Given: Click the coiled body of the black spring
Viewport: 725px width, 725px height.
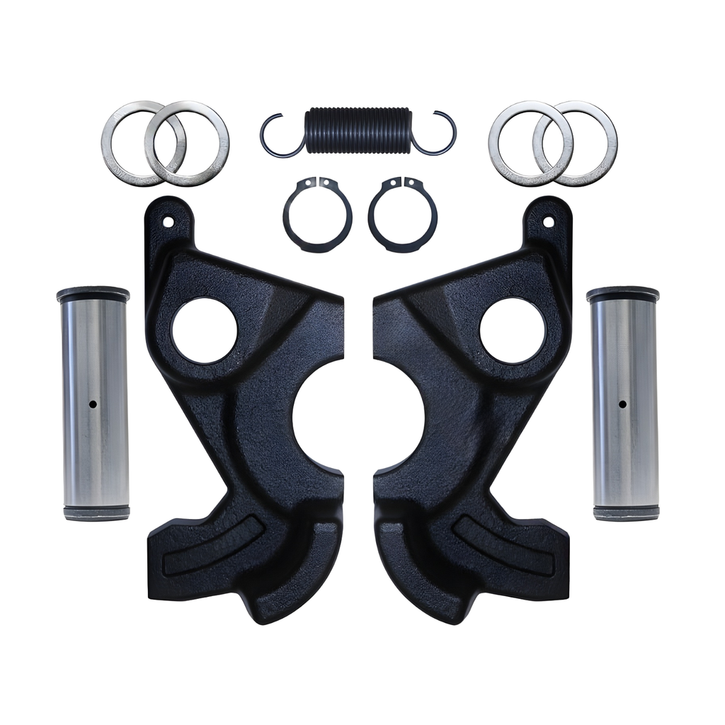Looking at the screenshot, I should (358, 130).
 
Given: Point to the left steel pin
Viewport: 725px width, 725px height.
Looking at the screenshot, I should (93, 425).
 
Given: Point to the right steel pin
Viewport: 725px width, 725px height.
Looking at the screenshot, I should (622, 425).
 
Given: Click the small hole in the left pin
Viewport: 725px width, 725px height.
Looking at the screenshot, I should (93, 404).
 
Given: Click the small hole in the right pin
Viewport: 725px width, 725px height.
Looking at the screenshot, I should (622, 404).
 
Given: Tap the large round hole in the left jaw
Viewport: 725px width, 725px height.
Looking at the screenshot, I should (204, 330).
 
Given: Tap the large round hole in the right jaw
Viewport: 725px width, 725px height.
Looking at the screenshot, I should (512, 330).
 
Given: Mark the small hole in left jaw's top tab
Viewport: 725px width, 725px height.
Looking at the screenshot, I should (168, 222).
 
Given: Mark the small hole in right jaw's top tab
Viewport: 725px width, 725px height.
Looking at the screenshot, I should (547, 222).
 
